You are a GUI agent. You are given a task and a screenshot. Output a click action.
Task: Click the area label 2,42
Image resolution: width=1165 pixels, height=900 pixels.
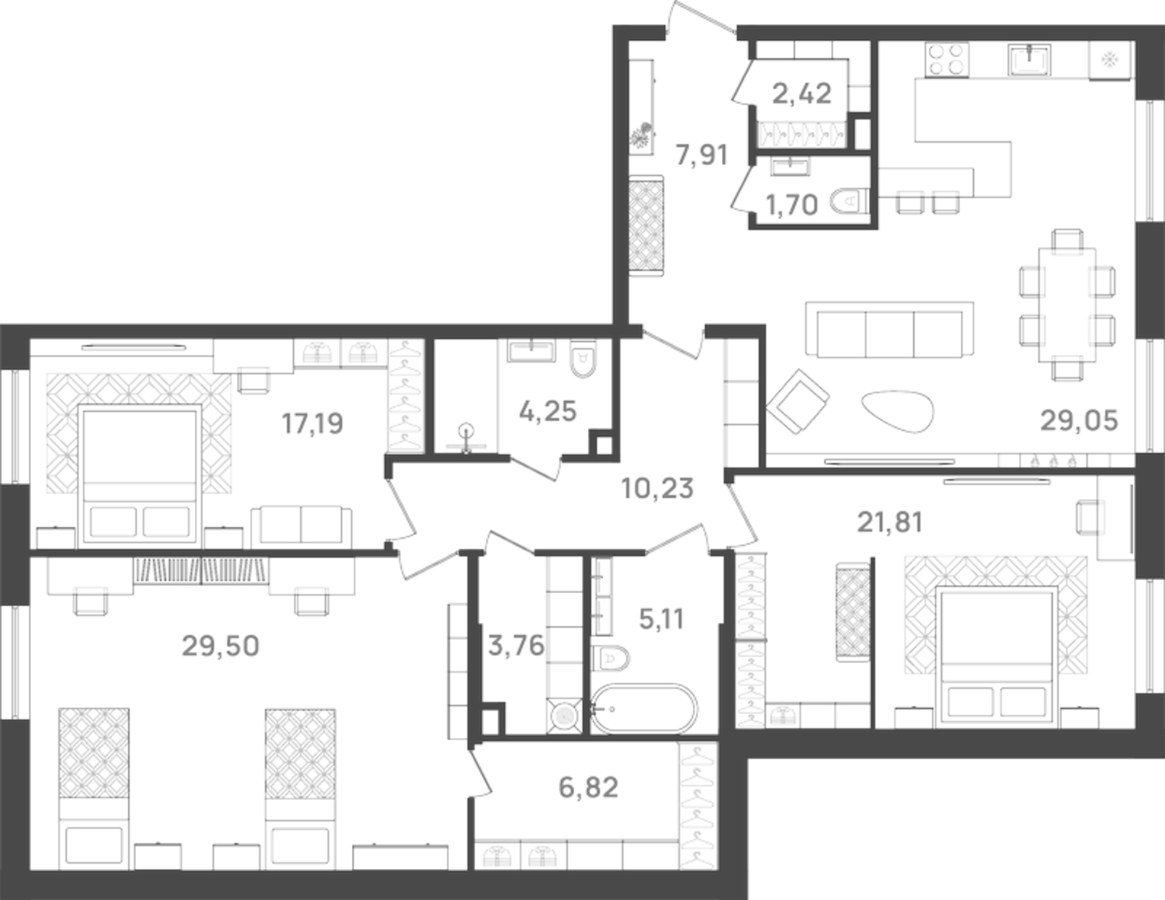tap(801, 93)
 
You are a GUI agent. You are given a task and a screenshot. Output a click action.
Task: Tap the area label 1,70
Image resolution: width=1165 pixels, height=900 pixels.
tap(791, 205)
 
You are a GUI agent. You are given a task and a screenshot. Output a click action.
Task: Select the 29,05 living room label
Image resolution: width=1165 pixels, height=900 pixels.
tap(1079, 420)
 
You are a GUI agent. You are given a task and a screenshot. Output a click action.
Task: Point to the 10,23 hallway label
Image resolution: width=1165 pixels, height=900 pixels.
tap(657, 489)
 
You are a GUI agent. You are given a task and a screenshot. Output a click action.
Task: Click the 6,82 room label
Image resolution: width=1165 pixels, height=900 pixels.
tap(589, 787)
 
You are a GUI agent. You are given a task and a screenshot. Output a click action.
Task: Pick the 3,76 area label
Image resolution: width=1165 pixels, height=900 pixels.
tap(516, 645)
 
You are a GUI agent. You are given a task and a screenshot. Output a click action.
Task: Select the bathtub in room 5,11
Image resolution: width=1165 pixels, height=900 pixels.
tap(644, 709)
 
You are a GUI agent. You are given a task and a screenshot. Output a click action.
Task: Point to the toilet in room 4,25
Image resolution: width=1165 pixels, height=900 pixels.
tap(581, 359)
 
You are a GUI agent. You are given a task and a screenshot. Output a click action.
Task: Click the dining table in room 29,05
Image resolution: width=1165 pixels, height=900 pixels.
tap(1067, 304)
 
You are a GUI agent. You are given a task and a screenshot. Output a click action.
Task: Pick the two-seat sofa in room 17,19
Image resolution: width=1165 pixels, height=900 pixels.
tap(301, 525)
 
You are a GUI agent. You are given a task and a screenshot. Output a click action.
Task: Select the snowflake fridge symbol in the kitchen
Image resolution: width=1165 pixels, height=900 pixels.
tap(1109, 59)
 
